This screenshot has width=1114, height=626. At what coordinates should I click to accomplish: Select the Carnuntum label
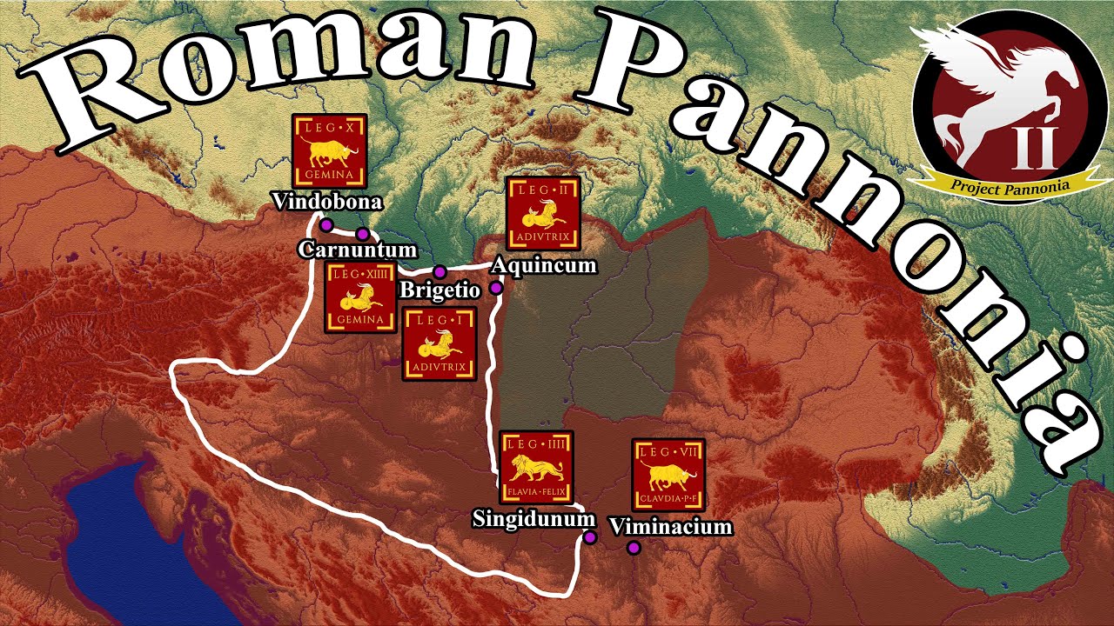point(352,250)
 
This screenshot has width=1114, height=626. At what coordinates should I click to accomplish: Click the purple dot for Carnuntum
point(362,234)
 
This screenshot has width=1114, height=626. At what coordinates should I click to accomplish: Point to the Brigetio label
point(440,290)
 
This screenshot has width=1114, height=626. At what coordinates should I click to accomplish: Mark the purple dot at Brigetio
point(440,271)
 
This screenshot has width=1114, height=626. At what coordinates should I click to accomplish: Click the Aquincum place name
point(544,265)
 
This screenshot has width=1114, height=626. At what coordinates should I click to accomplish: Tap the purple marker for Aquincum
point(496,288)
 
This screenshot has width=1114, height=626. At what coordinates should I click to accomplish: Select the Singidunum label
point(534,519)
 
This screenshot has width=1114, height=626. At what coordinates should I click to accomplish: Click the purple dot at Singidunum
point(590,537)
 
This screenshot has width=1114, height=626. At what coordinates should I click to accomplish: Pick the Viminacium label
point(671,526)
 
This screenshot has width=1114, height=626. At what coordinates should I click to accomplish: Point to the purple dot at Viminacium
point(634,548)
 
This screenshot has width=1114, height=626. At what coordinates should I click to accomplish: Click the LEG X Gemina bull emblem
point(328,151)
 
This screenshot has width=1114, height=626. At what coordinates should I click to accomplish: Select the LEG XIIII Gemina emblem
point(360,298)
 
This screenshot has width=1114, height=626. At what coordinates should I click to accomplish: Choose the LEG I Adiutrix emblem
point(440,343)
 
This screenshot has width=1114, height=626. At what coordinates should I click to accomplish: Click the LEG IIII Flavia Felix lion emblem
point(536,467)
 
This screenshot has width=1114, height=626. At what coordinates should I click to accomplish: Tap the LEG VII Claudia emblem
point(668,475)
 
